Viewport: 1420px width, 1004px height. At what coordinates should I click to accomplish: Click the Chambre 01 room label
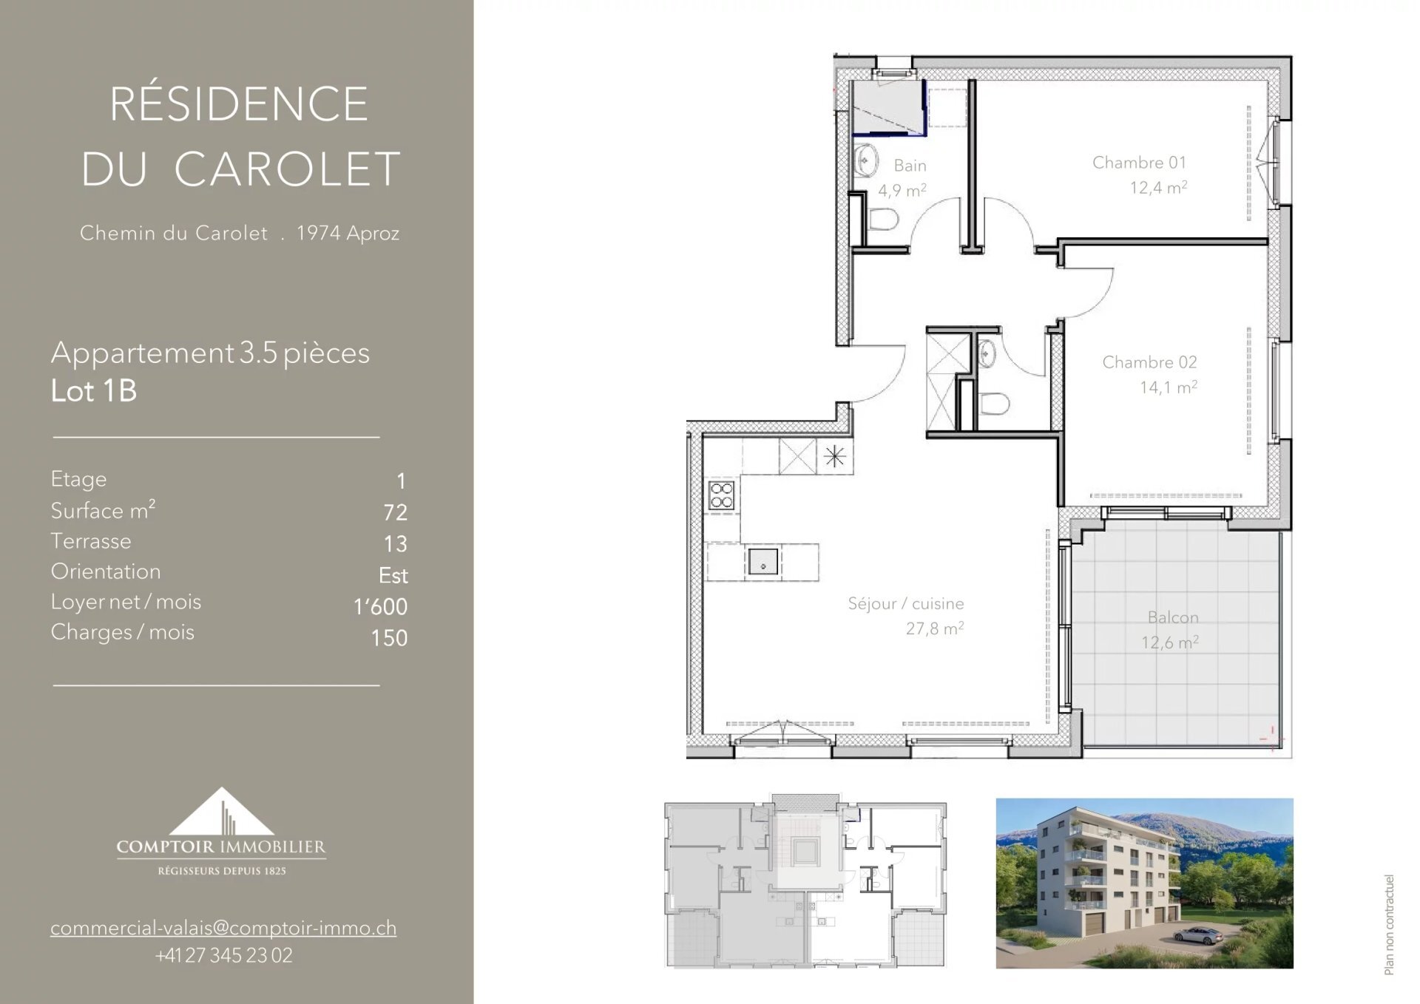point(1139,163)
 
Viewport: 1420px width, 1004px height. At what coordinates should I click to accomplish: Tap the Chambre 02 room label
point(1149,362)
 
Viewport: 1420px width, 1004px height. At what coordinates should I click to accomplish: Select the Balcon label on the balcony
point(1173,617)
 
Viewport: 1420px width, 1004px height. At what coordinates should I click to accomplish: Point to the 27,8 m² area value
point(935,628)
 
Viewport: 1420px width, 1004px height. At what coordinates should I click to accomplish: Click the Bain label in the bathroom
point(910,166)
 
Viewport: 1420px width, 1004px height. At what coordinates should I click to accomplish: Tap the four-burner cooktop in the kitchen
point(722,495)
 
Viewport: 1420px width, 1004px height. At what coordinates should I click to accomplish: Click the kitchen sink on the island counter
point(763,563)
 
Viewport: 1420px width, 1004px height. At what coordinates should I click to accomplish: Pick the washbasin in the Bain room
point(866,160)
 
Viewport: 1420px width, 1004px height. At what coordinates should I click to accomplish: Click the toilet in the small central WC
point(994,404)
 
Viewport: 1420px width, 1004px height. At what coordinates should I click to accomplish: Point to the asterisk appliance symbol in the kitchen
point(835,456)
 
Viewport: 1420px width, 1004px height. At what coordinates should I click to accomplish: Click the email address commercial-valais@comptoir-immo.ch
point(223,928)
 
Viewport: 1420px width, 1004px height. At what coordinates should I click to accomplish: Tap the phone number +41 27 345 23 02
point(223,955)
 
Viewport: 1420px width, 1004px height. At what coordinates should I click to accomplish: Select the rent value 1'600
point(380,606)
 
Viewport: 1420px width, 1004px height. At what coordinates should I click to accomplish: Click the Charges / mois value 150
point(389,638)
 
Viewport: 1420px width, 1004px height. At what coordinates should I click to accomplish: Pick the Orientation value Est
point(393,575)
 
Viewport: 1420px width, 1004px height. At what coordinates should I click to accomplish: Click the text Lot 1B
point(94,391)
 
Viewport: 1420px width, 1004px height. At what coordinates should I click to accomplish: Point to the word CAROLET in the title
point(287,169)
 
